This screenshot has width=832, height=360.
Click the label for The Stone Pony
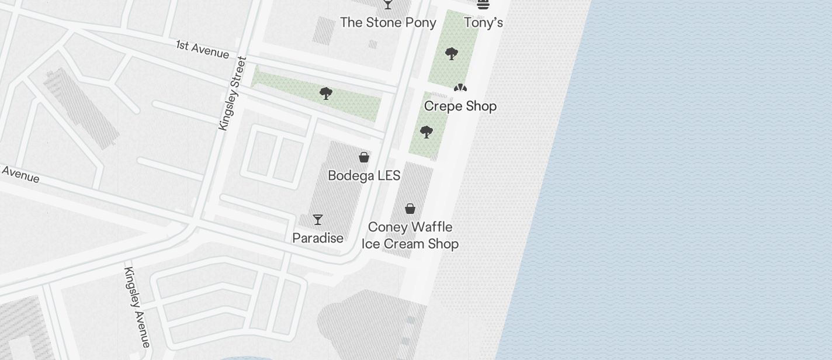[x=388, y=23]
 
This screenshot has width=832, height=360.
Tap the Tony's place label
[x=483, y=23]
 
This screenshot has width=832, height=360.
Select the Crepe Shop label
[x=460, y=106]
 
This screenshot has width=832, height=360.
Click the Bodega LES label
[x=364, y=176]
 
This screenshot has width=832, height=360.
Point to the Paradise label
[x=318, y=238]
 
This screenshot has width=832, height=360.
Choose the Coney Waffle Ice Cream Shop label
[x=410, y=236]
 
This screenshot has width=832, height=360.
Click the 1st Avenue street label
[x=203, y=50]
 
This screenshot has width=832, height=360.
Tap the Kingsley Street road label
[x=232, y=94]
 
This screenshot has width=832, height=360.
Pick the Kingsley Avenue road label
[x=137, y=306]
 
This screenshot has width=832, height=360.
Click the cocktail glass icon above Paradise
[x=318, y=220]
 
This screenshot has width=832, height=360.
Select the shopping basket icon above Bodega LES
[x=364, y=157]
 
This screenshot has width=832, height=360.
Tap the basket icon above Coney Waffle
[x=410, y=209]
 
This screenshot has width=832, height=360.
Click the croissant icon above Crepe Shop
[x=460, y=88]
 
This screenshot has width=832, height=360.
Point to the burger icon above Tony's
[x=483, y=4]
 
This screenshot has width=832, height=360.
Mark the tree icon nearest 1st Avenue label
[x=326, y=94]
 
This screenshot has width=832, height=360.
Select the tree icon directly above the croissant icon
[x=451, y=54]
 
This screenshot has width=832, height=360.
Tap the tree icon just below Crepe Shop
[x=427, y=132]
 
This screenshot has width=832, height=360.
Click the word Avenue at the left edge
[x=20, y=174]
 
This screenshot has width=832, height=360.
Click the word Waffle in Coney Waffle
[x=433, y=227]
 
